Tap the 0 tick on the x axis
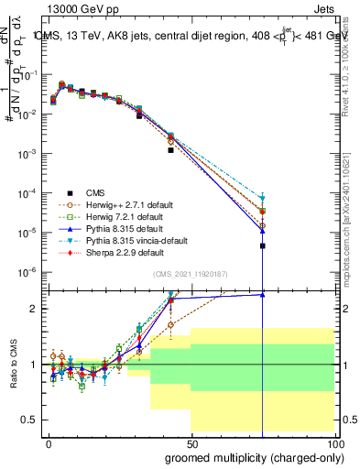(x=48, y=443)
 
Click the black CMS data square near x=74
(x=262, y=245)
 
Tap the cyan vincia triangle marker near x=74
(x=262, y=198)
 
